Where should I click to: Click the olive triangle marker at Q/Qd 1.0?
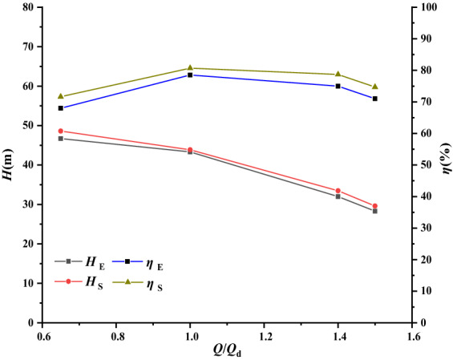click(190, 68)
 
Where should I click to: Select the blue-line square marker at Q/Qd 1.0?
click(190, 75)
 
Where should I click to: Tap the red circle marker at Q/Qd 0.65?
click(61, 131)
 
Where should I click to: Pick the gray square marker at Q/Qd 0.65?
click(61, 139)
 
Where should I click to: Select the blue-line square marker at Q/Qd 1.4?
click(338, 86)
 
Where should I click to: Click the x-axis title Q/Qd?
click(227, 351)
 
